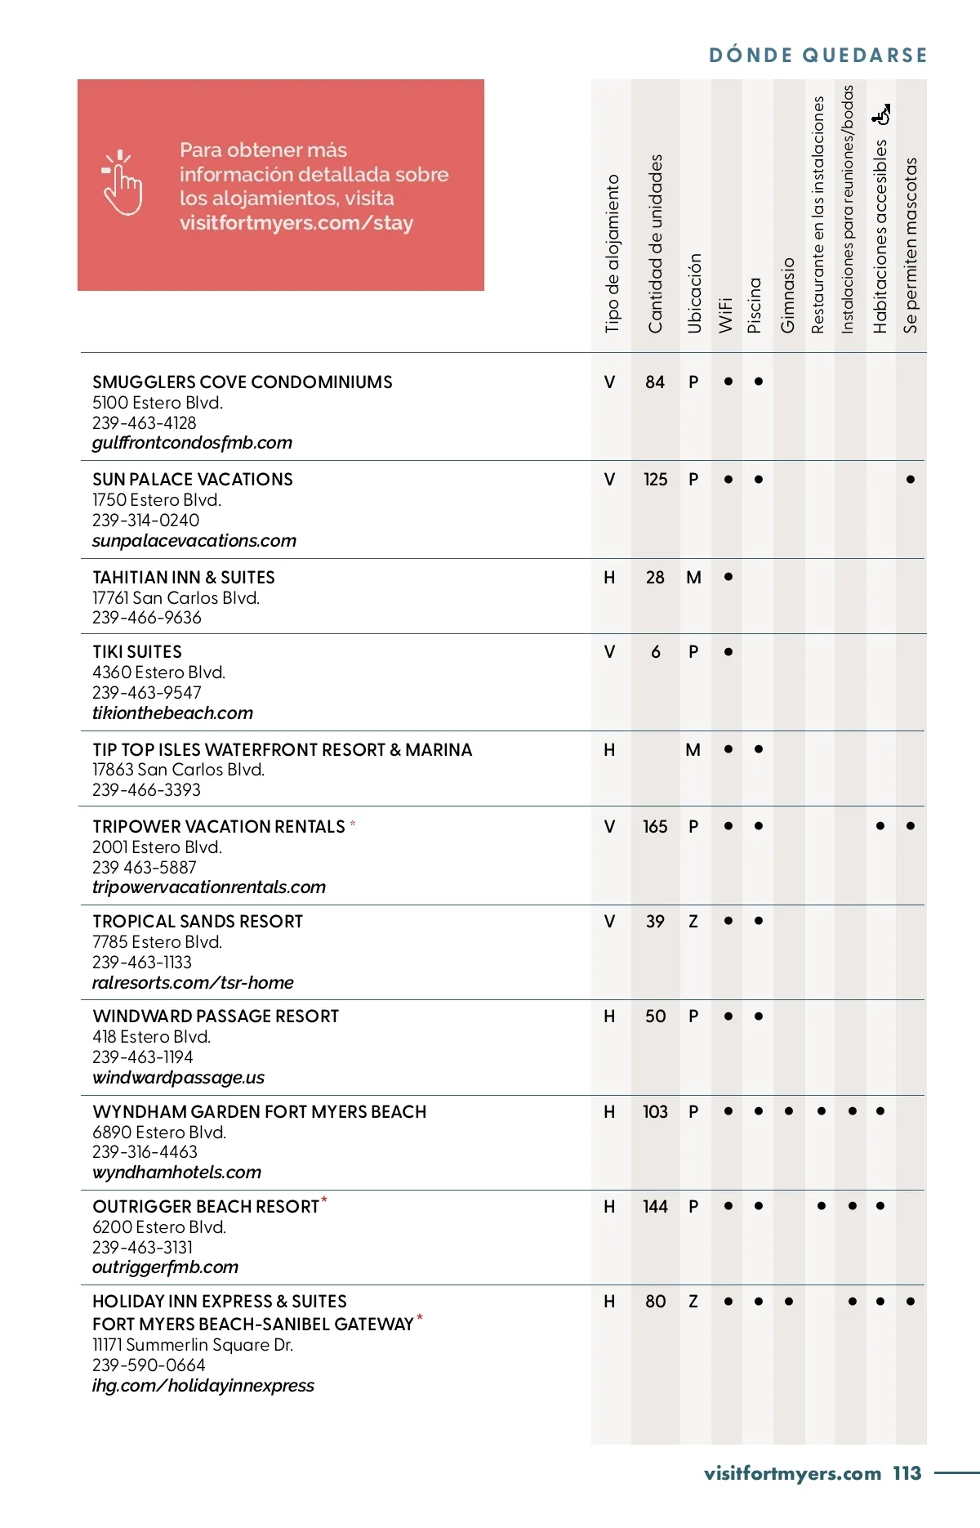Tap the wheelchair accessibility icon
pos(881,115)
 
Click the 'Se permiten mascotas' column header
pos(911,245)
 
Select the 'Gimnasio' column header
pos(787,295)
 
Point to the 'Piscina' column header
pos(755,305)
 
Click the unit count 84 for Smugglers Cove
pos(655,382)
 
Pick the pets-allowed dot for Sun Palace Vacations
pos(911,480)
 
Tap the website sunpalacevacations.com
pos(194,541)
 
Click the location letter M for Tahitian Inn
pos(693,578)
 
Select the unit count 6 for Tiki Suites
pos(656,652)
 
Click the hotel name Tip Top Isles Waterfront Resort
pos(282,750)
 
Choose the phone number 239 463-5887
pos(145,867)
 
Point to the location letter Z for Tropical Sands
pos(693,922)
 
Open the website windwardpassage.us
pos(179,1078)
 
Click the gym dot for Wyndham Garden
pos(789,1111)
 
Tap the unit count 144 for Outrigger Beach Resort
pos(655,1207)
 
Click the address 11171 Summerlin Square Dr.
pos(193,1345)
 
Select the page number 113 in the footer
pos(906,1473)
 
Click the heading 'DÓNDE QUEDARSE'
pos(817,56)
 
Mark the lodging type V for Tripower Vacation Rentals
pos(609,827)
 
